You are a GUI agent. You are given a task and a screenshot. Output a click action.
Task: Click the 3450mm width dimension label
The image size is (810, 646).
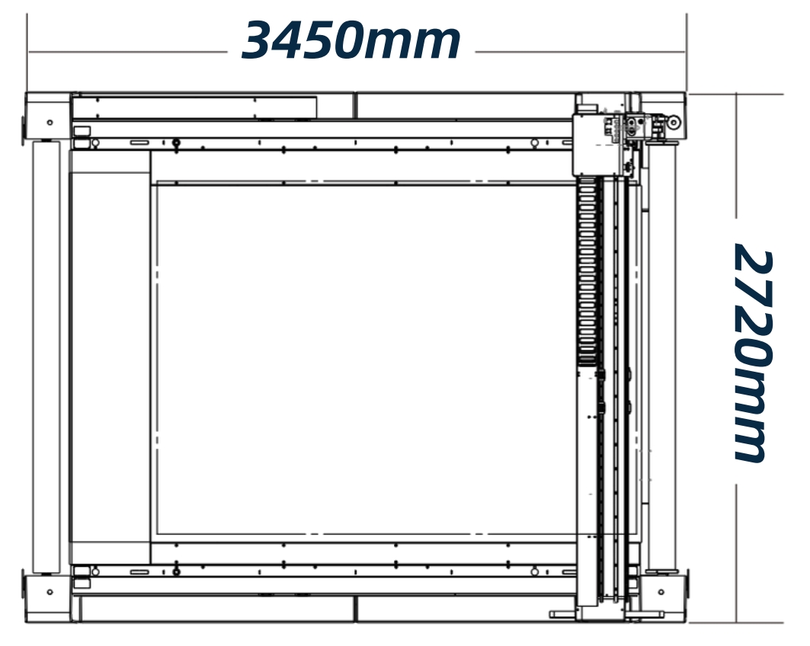click(x=351, y=40)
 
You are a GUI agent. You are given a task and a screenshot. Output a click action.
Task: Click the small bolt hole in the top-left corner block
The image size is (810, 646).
click(x=50, y=123)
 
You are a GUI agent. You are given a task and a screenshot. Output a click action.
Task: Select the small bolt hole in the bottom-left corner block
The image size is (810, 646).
click(x=50, y=592)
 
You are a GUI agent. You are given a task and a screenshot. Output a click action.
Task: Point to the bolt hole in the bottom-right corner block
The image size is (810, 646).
click(x=661, y=592)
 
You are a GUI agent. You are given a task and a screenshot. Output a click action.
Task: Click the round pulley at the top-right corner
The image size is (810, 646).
click(x=674, y=123)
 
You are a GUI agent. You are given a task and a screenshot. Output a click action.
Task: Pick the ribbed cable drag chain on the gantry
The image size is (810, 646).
click(x=587, y=272)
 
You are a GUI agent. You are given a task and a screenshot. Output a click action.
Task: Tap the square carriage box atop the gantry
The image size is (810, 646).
click(x=594, y=145)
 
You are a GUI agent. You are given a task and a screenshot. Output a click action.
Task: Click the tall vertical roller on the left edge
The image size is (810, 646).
click(x=46, y=357)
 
